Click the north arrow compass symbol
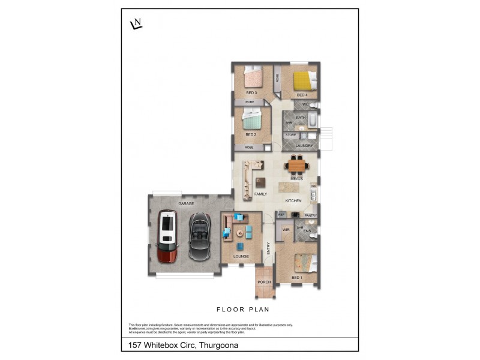pyautogui.click(x=136, y=24)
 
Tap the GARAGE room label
pyautogui.click(x=185, y=204)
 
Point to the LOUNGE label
pyautogui.click(x=241, y=256)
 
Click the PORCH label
pyautogui.click(x=264, y=281)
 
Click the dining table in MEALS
pyautogui.click(x=296, y=164)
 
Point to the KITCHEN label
pyautogui.click(x=293, y=200)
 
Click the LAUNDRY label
pyautogui.click(x=304, y=145)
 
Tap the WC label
pyautogui.click(x=305, y=105)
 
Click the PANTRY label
pyautogui.click(x=310, y=215)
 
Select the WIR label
pyautogui.click(x=286, y=229)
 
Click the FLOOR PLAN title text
pyautogui.click(x=242, y=310)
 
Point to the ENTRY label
pyautogui.click(x=269, y=248)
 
